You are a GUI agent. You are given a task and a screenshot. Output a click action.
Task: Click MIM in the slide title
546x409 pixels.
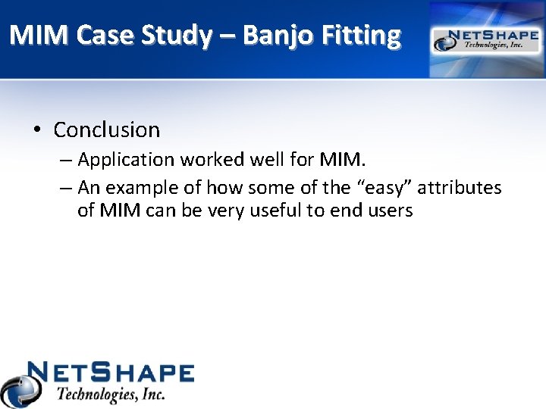click(37, 35)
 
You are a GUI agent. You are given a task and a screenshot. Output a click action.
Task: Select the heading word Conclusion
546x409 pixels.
click(107, 130)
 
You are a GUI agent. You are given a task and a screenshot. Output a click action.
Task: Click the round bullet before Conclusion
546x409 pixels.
click(37, 130)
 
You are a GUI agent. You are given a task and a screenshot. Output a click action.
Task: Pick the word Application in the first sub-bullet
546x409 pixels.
click(126, 160)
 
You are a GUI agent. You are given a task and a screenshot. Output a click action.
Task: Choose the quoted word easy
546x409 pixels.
click(384, 187)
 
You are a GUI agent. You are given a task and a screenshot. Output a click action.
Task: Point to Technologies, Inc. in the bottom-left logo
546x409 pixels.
click(111, 394)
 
